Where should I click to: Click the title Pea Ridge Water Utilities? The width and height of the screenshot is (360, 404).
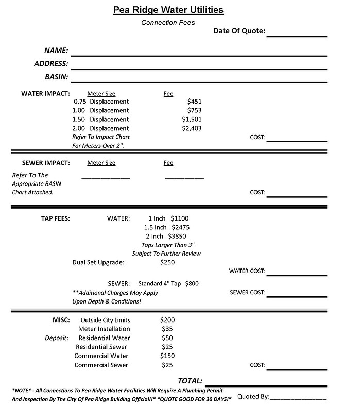(168, 10)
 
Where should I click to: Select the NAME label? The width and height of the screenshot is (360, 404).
(56, 50)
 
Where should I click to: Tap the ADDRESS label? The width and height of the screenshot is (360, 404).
(51, 64)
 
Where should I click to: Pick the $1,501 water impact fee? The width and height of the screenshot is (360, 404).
(192, 119)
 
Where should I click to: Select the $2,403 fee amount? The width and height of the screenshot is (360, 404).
(192, 128)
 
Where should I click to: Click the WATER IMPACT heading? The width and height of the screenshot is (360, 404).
(45, 94)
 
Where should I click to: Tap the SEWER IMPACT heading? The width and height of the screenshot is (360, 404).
(46, 163)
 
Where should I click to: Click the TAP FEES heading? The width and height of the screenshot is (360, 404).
(56, 218)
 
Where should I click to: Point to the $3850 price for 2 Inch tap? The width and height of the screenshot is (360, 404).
(177, 236)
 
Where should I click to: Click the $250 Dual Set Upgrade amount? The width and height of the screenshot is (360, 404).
(167, 262)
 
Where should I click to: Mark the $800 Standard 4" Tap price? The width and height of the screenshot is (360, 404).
(192, 283)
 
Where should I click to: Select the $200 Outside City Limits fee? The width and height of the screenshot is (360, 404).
(167, 320)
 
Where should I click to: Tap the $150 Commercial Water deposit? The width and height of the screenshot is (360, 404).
(167, 356)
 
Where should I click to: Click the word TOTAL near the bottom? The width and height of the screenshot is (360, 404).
(190, 380)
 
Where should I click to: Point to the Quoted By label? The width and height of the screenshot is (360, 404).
(253, 397)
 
